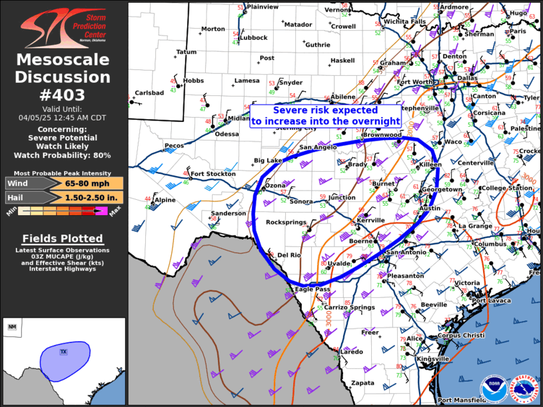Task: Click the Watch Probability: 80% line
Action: tap(63, 155)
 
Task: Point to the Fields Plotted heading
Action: tap(63, 238)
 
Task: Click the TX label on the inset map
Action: tap(64, 351)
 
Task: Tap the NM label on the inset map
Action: tap(12, 327)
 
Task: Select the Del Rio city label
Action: tap(290, 255)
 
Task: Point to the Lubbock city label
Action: tap(254, 38)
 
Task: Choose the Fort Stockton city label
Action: tap(213, 174)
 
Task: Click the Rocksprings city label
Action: tap(286, 222)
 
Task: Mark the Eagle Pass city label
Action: tap(312, 289)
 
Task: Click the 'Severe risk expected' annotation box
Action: tap(325, 116)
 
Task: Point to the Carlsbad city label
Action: tap(149, 93)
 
